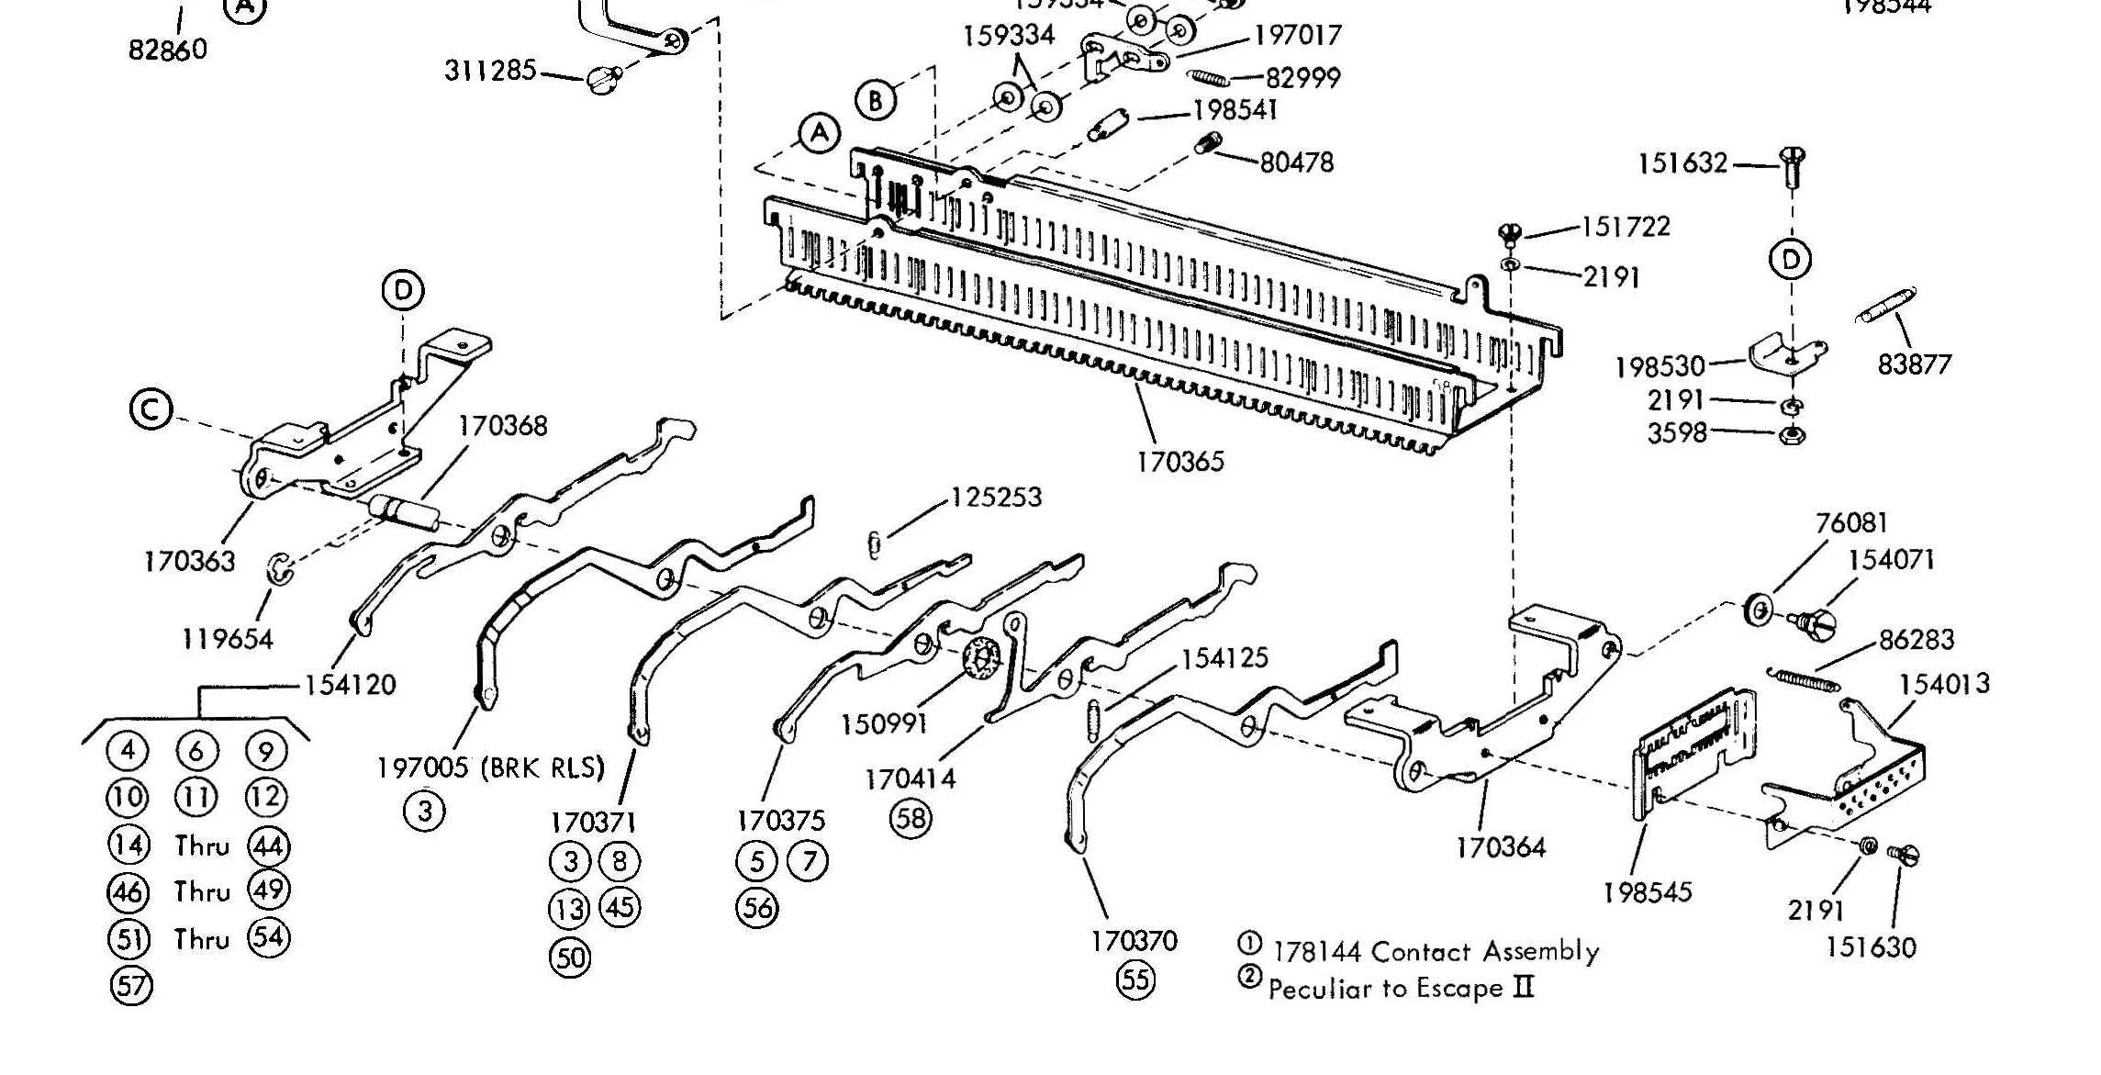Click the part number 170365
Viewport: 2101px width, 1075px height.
1180,461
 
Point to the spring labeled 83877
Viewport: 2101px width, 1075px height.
1885,306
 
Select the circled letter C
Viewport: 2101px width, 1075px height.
151,409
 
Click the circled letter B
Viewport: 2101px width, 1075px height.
876,100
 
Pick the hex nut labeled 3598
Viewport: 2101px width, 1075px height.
1791,435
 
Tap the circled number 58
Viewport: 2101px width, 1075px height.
911,818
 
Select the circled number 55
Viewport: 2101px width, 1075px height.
1135,980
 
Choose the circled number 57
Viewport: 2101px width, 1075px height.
131,986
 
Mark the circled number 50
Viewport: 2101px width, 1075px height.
569,957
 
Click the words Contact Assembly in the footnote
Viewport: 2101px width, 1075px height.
1485,951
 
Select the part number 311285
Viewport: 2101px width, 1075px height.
490,70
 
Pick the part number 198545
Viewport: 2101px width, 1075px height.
1647,891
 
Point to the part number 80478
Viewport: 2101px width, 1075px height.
1296,162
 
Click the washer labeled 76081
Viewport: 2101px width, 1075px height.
1758,610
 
